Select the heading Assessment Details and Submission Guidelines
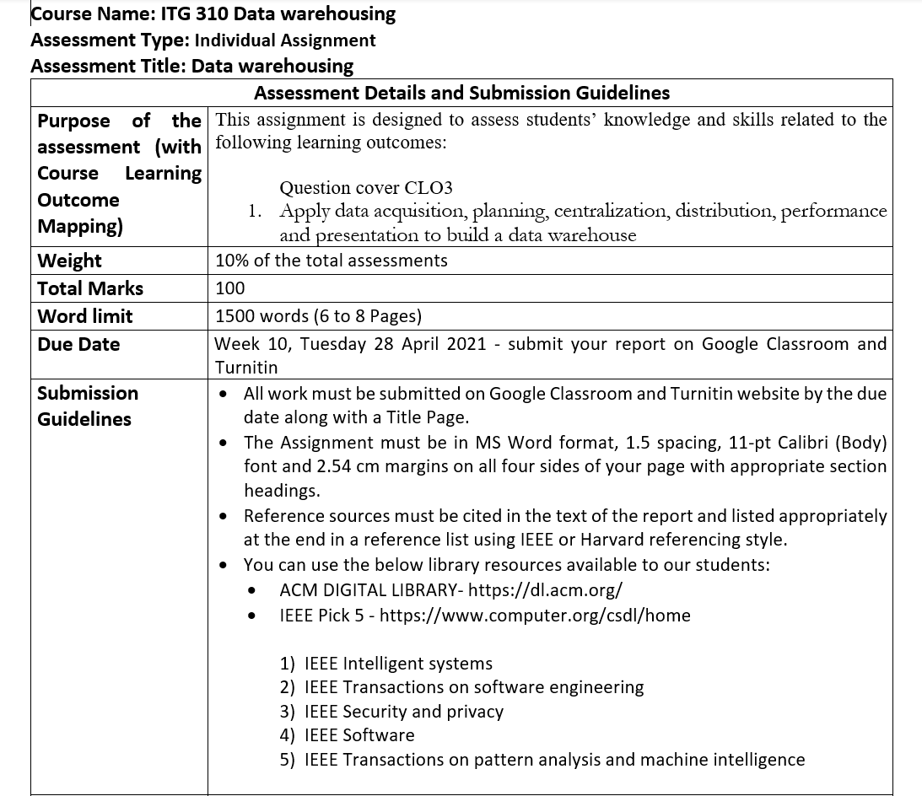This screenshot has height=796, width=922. click(x=461, y=93)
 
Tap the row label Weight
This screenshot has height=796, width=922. click(x=69, y=261)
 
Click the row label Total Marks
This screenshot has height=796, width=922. click(x=90, y=288)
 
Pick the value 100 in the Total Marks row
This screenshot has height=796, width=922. click(x=229, y=288)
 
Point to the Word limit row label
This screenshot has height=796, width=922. click(x=84, y=316)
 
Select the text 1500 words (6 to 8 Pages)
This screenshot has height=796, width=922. click(x=318, y=316)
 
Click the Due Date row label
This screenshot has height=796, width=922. click(x=78, y=344)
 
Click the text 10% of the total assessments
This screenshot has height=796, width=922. click(x=331, y=261)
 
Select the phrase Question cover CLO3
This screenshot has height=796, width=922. click(x=365, y=188)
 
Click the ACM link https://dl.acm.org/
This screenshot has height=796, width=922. click(x=545, y=590)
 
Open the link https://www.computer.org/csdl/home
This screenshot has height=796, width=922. click(x=535, y=616)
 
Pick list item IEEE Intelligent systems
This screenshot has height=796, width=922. click(x=398, y=664)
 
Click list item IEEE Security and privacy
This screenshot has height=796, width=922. click(x=403, y=712)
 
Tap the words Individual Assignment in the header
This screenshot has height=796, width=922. click(x=285, y=40)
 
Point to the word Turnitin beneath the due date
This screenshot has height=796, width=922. click(x=246, y=368)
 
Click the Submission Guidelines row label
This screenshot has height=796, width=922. click(x=86, y=406)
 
